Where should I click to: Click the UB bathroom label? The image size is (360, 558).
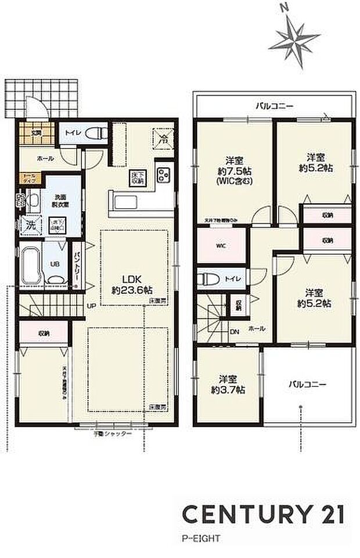click(x=55, y=263)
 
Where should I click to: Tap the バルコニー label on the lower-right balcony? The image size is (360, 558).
click(x=307, y=384)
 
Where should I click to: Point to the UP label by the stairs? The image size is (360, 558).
click(x=91, y=305)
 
